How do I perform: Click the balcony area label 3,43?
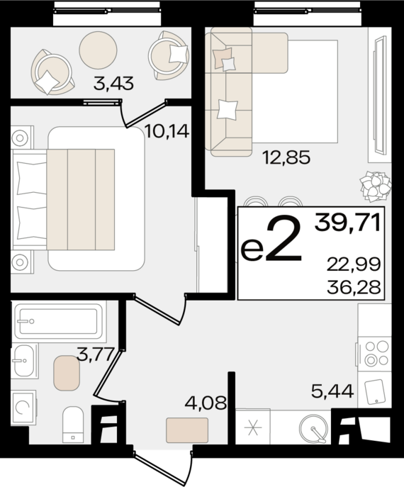113,84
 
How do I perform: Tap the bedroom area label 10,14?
167,132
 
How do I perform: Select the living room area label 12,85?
286,157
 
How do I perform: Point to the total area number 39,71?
348,223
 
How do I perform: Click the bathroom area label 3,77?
96,355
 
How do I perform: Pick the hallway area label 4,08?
206,403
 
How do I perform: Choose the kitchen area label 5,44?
332,391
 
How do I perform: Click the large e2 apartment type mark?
271,240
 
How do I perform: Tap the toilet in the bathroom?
73,424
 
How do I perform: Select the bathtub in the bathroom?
59,321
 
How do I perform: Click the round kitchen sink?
314,429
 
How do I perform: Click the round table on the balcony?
98,50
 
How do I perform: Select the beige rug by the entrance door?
187,430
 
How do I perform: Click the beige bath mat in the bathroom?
67,373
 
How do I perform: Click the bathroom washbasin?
24,362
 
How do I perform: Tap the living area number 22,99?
354,265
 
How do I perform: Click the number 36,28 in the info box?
354,287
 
